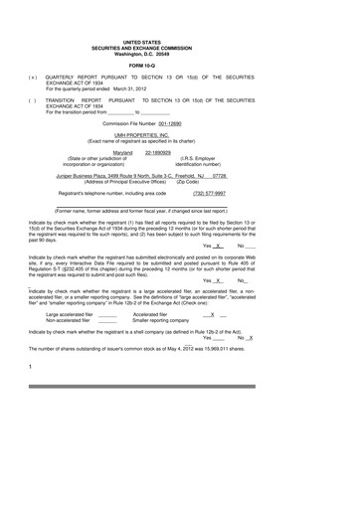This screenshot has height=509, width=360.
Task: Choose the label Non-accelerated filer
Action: [x=66, y=319]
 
